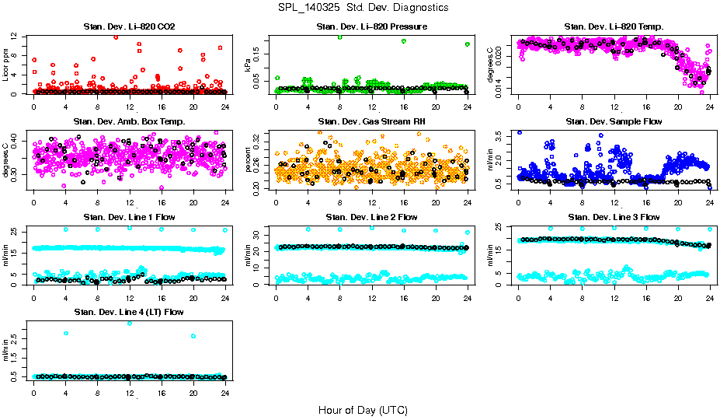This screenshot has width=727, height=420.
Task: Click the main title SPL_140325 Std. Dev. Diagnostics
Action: (363, 7)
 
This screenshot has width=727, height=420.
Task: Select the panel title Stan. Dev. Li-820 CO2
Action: (129, 27)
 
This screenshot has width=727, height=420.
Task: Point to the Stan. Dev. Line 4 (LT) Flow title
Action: (129, 312)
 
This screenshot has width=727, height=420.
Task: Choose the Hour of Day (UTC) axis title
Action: (363, 409)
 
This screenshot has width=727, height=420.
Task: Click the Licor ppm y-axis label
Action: (5, 65)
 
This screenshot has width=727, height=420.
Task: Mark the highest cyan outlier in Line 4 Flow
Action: (129, 323)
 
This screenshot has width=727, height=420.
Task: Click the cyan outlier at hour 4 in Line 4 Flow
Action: (66, 333)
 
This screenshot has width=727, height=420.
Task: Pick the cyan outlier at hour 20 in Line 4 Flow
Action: (193, 336)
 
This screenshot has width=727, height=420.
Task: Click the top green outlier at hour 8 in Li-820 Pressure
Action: (339, 37)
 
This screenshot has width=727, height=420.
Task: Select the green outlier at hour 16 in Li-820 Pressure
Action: (404, 41)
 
